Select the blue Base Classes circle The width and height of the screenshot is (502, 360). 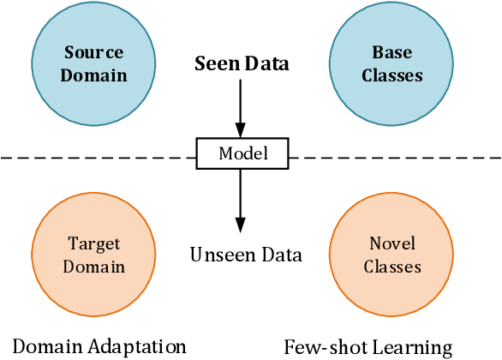(x=391, y=64)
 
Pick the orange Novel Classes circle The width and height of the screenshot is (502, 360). (x=391, y=255)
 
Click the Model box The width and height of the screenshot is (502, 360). (x=242, y=154)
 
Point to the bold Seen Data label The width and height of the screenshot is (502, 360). (x=242, y=63)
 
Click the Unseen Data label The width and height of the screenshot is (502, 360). (x=246, y=255)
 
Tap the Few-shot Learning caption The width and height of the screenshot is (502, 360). (x=368, y=347)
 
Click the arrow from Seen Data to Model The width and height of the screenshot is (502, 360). (x=241, y=107)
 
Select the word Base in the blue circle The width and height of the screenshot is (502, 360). (x=392, y=54)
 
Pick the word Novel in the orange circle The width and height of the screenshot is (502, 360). (x=392, y=245)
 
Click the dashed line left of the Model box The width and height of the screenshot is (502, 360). (x=94, y=157)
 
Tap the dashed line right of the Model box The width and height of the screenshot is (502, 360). (x=394, y=157)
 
